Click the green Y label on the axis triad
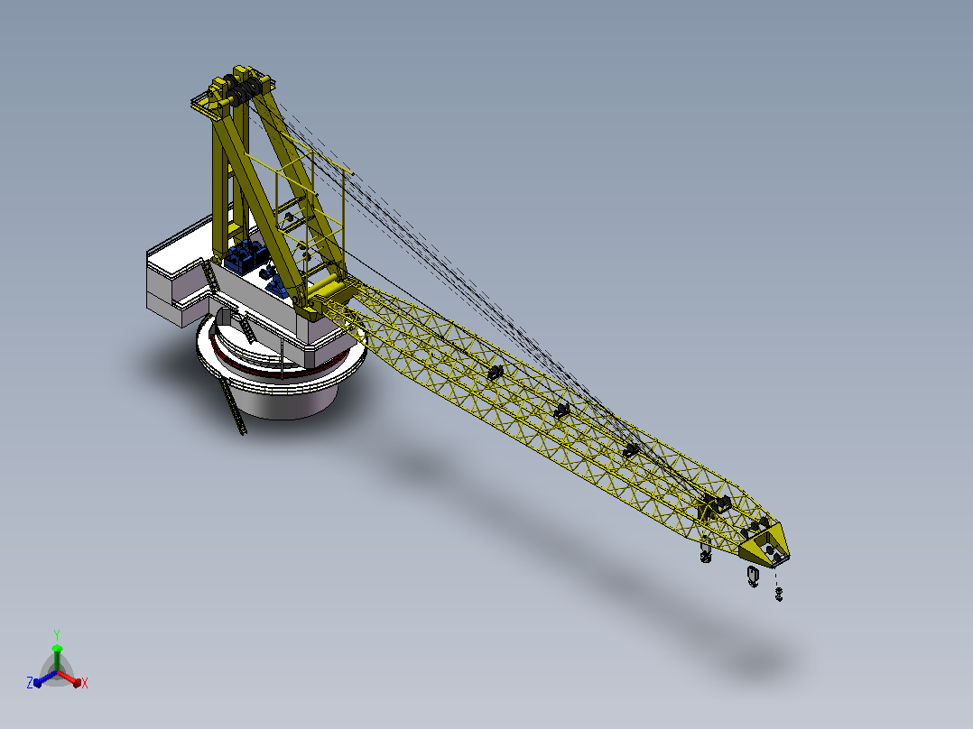click(57, 634)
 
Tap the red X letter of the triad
click(85, 683)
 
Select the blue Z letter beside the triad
click(30, 682)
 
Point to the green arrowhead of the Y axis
click(57, 649)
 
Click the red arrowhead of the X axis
click(77, 683)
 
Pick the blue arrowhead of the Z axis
click(37, 682)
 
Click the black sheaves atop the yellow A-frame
click(241, 86)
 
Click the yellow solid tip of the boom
click(765, 545)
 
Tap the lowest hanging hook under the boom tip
click(779, 595)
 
